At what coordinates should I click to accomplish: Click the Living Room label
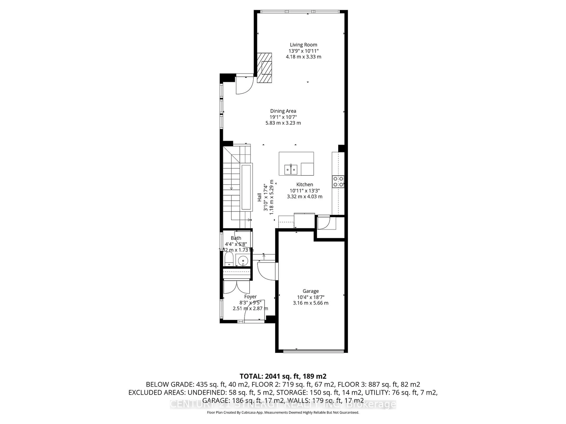303,45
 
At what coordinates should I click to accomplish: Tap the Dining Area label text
283,111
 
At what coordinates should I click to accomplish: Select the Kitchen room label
305,184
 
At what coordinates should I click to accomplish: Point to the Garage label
311,291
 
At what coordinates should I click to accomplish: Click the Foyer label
250,297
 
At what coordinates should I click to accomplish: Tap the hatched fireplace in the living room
264,68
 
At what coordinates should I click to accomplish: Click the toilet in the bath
228,259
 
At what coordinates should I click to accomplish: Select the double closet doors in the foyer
236,287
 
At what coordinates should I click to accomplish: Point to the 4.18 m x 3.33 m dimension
303,57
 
